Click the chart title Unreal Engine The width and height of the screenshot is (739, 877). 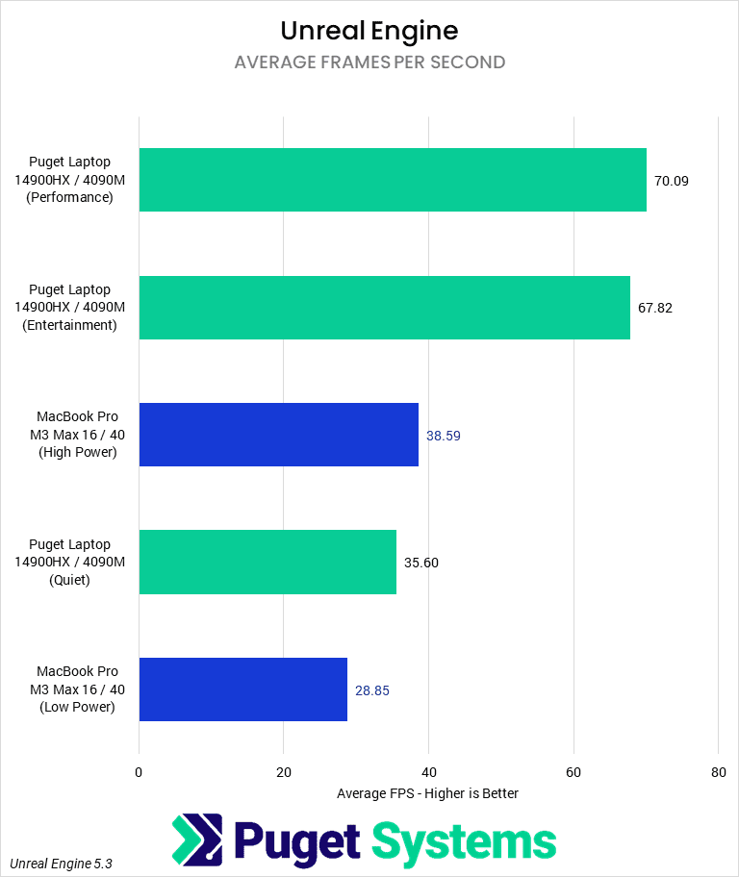point(369,31)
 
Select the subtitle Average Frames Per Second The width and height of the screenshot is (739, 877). point(369,63)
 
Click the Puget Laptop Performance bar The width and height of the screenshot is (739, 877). point(393,180)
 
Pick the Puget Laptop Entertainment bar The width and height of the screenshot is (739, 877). point(384,308)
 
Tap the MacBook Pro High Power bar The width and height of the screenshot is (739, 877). point(279,435)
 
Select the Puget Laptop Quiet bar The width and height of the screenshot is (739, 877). point(268,563)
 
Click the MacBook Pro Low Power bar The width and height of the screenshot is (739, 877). point(243,689)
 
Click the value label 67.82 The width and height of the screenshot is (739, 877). point(656,308)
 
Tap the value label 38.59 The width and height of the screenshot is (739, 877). point(445,436)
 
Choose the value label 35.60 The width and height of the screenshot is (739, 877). point(421,563)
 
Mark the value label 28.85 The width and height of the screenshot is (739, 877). point(372,690)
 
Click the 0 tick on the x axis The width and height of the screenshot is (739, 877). point(140,772)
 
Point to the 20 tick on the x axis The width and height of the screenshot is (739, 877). point(284,772)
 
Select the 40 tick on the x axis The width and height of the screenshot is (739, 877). point(429,772)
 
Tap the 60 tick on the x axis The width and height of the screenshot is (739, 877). point(573,772)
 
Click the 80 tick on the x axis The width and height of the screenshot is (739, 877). point(718,772)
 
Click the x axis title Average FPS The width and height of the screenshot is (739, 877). point(428,793)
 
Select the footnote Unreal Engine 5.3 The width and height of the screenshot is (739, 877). point(62,864)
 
